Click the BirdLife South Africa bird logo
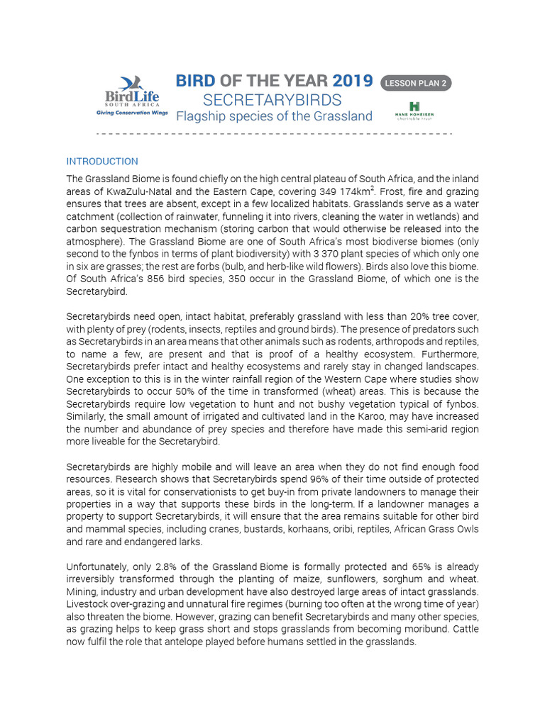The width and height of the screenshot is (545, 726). (132, 84)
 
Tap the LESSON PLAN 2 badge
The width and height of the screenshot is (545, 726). (416, 83)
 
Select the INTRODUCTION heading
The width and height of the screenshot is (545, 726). (102, 162)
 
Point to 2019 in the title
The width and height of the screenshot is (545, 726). (352, 81)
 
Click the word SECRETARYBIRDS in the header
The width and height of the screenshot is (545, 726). (272, 100)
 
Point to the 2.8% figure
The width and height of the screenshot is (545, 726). (158, 567)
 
